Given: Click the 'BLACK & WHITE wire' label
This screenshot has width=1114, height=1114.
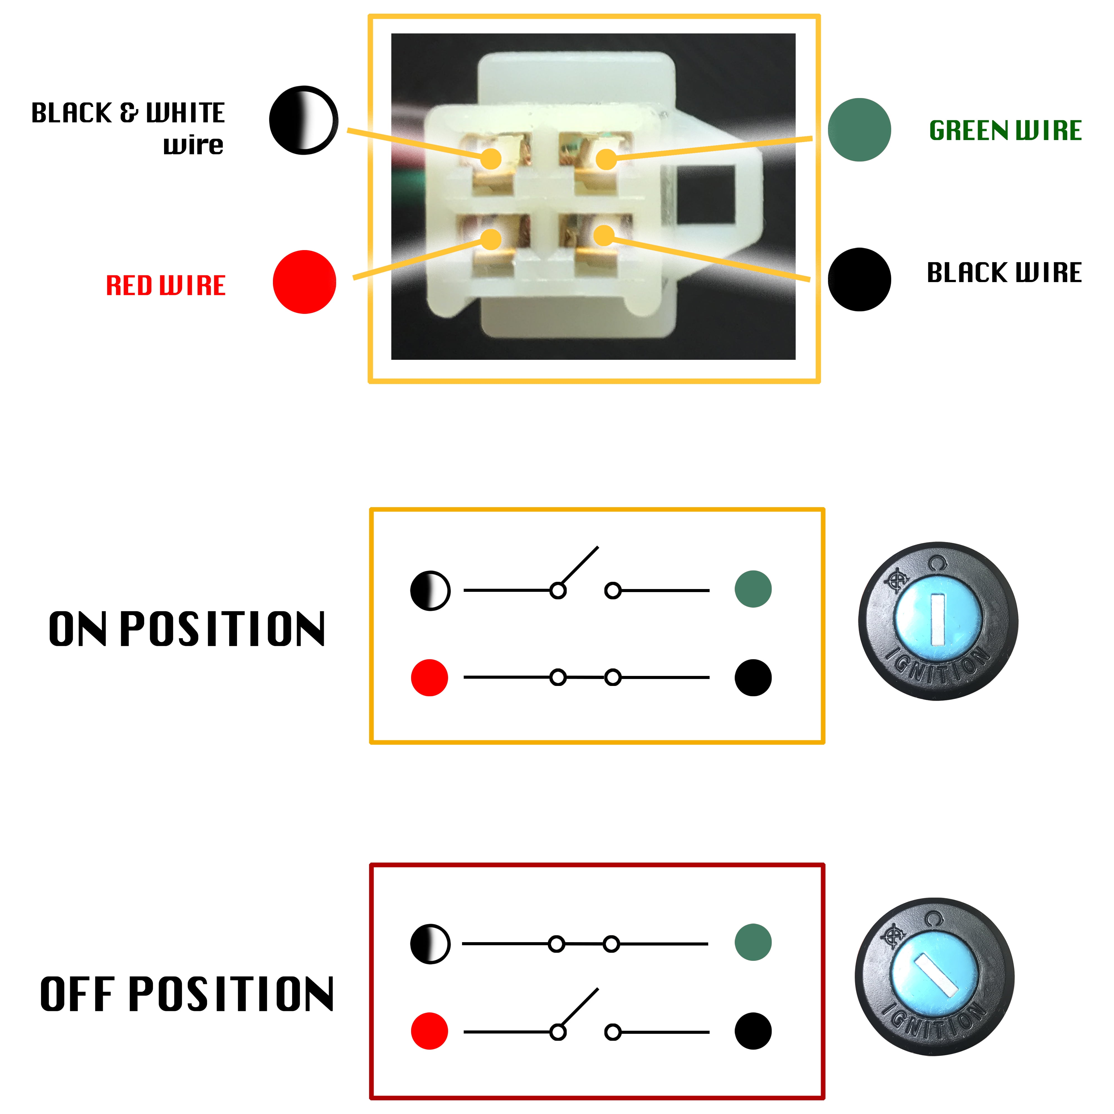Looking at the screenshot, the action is [x=128, y=128].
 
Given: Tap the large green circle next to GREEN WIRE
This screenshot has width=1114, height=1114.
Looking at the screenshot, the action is [x=859, y=130].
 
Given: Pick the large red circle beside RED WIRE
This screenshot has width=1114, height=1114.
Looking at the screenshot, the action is [x=304, y=282].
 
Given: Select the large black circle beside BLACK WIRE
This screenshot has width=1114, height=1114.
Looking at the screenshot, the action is [x=859, y=280].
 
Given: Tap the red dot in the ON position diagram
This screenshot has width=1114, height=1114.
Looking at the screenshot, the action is [x=429, y=678].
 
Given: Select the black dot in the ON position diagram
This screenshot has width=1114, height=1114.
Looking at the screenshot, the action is [x=753, y=678].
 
